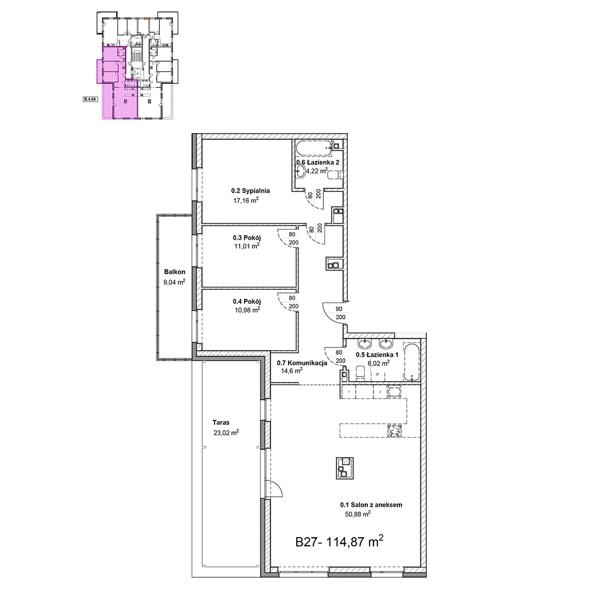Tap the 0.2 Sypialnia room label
[x=250, y=191]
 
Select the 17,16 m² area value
[x=246, y=200]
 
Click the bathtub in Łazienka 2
[x=314, y=148]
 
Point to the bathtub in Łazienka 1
[x=411, y=362]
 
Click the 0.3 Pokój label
[x=247, y=238]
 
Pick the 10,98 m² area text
[x=247, y=310]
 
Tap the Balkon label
[x=175, y=272]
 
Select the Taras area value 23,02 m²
[x=226, y=432]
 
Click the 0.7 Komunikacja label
[x=302, y=363]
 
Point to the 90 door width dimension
[x=339, y=309]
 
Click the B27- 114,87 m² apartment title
[x=340, y=541]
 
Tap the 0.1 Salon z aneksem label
[x=371, y=504]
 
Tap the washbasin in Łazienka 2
[x=300, y=172]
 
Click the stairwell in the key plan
[x=136, y=56]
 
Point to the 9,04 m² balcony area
[x=174, y=282]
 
